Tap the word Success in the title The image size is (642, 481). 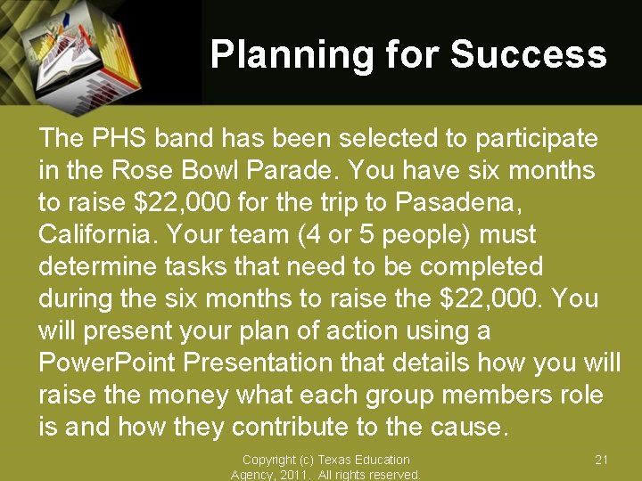pyautogui.click(x=529, y=55)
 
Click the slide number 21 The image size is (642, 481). pyautogui.click(x=601, y=460)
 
